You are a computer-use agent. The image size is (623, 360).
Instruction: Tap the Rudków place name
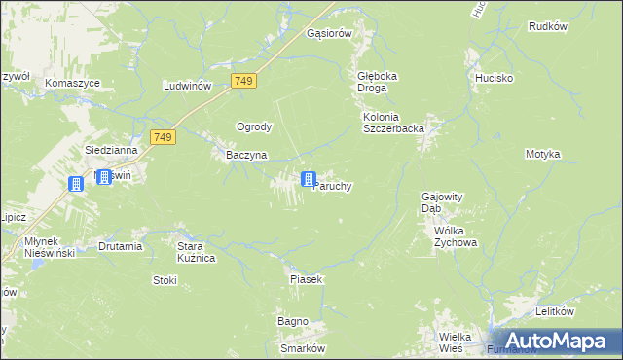coord(547,26)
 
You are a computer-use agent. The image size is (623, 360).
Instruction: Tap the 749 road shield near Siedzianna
coord(163,138)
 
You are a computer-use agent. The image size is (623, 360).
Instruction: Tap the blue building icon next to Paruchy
coord(309,179)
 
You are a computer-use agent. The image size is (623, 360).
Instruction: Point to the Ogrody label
coord(254,126)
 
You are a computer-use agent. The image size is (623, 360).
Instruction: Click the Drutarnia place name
coord(121,247)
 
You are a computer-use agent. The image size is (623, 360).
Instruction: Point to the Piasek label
coord(306,279)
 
